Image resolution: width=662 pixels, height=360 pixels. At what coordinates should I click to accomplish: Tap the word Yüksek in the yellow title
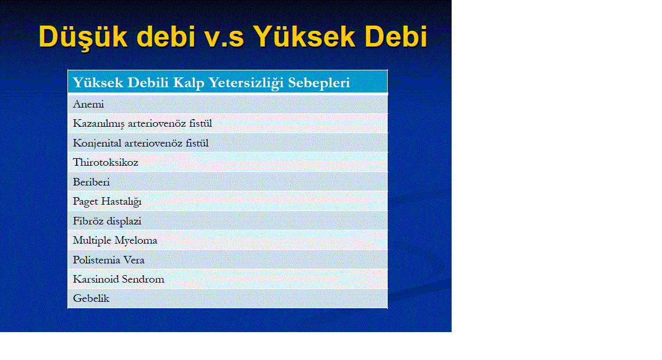304,36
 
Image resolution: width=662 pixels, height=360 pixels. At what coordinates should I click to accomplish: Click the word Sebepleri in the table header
319,83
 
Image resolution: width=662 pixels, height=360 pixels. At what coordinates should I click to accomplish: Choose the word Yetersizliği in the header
246,83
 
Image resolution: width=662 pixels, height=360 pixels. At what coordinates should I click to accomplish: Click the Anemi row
88,104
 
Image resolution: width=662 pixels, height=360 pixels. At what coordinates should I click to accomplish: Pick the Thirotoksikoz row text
106,163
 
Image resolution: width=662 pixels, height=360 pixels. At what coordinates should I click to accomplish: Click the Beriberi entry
91,182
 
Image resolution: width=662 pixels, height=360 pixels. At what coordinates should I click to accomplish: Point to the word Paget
85,202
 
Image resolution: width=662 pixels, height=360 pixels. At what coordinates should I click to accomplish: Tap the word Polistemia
96,260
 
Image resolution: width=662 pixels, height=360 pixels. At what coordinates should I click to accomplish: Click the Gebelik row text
91,298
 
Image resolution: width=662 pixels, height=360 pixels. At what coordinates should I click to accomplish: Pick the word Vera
134,260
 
